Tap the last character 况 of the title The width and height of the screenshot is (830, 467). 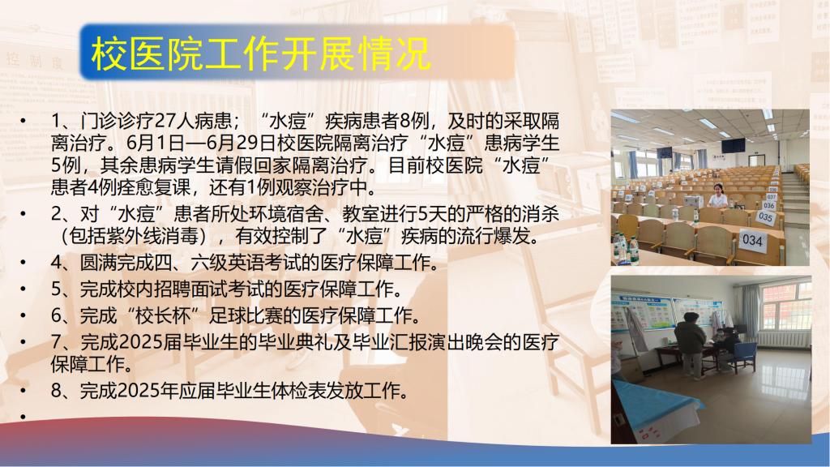[413, 54]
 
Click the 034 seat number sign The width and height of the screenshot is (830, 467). [751, 240]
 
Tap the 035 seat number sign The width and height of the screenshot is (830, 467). [765, 216]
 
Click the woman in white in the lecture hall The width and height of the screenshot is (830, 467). [718, 197]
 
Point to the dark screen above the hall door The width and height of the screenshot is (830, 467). [733, 145]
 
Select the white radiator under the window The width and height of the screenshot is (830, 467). [784, 339]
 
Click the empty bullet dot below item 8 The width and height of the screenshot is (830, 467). [23, 418]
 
